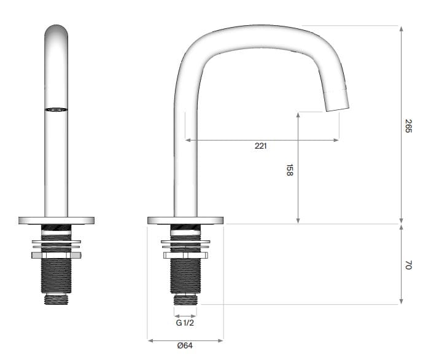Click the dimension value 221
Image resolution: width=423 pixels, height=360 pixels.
(x=261, y=146)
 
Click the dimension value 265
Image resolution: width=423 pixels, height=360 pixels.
(x=408, y=126)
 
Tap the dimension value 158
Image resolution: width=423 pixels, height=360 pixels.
(x=289, y=170)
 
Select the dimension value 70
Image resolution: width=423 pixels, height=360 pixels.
(x=408, y=265)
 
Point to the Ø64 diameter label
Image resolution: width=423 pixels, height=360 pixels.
(x=185, y=346)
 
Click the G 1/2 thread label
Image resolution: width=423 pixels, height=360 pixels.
(x=185, y=323)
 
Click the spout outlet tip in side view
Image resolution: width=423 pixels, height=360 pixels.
(x=336, y=101)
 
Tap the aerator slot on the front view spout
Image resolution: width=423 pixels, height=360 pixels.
(x=56, y=109)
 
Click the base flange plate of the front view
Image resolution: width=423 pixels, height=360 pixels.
(x=56, y=220)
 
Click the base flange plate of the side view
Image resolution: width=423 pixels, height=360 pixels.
(x=185, y=220)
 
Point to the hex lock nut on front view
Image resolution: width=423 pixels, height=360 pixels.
(x=56, y=254)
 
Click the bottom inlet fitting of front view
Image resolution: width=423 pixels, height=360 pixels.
(x=56, y=299)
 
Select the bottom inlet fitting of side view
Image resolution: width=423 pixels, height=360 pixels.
(x=185, y=299)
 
